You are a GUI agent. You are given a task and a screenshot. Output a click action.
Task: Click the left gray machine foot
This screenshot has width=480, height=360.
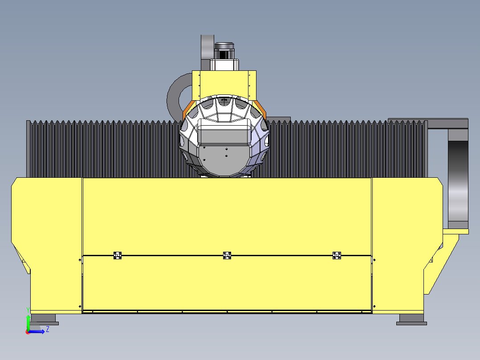tap(45, 319)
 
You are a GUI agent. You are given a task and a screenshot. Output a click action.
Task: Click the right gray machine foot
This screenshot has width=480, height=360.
tap(411, 319)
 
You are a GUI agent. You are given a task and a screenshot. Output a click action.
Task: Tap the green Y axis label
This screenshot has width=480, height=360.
tap(28, 310)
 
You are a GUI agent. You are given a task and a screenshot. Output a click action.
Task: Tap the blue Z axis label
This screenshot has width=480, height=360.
tap(48, 329)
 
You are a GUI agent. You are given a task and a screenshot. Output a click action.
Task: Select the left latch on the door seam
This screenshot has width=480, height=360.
tap(118, 255)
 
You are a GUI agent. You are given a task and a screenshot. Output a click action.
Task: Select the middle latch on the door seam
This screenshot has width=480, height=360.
tap(227, 255)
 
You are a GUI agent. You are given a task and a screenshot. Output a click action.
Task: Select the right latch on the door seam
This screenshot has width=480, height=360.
tap(337, 255)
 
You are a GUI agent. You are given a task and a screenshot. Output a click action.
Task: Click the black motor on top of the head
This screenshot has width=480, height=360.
tap(224, 51)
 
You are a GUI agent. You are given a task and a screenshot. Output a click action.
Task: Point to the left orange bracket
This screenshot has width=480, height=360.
tap(188, 109)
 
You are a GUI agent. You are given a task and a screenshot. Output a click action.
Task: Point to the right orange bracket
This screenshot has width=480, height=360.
tap(260, 109)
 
